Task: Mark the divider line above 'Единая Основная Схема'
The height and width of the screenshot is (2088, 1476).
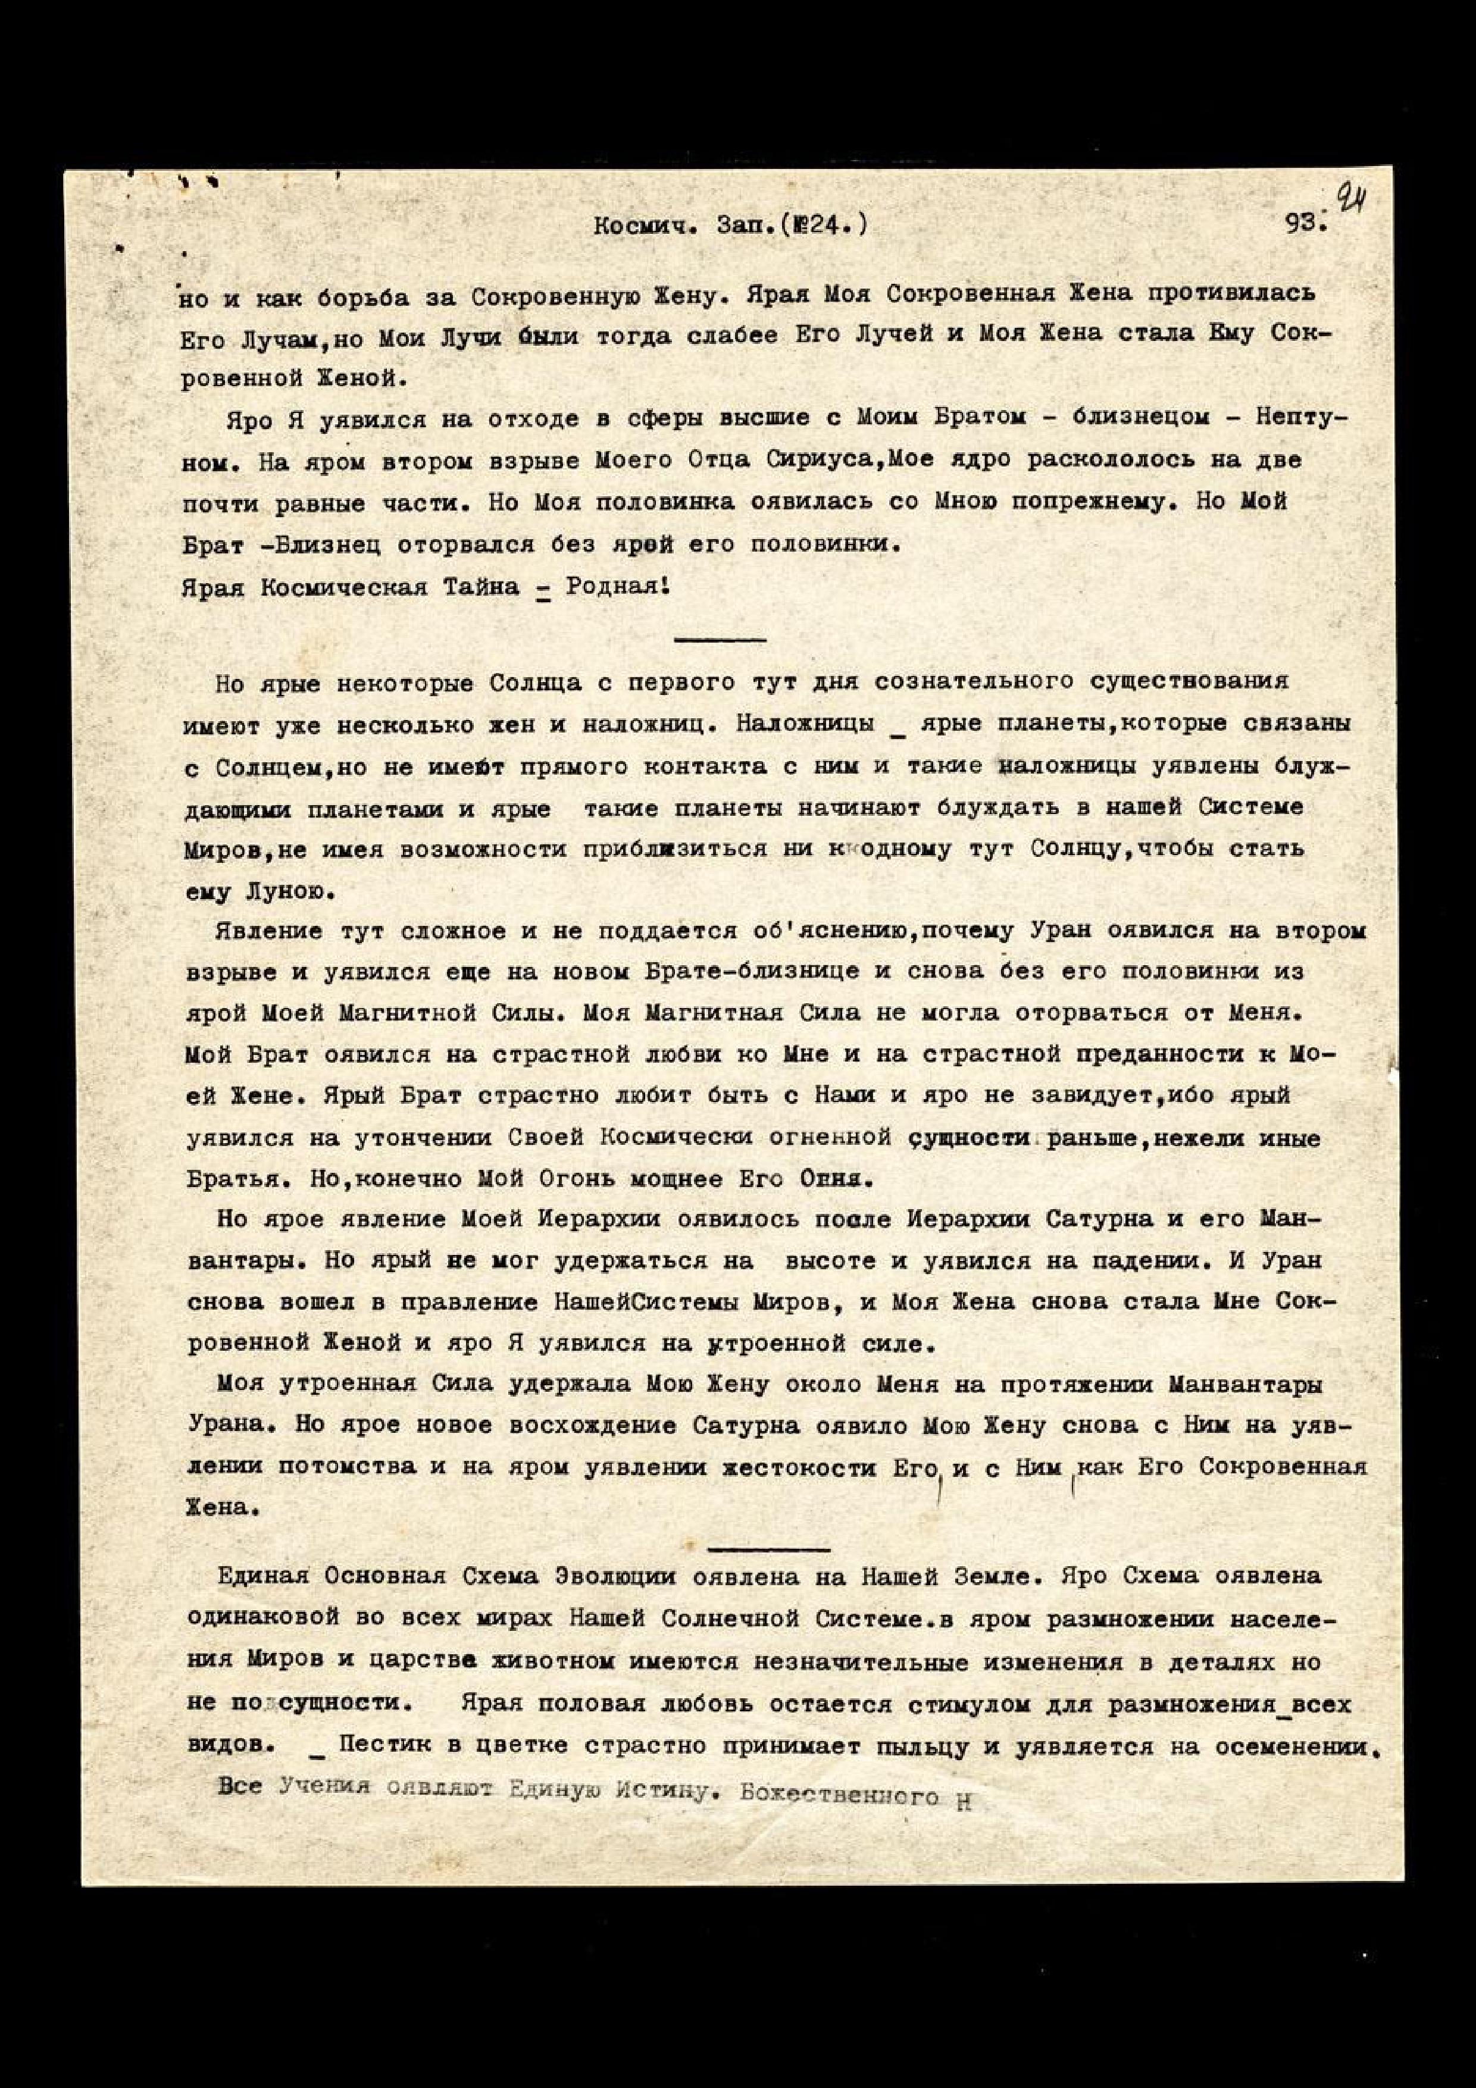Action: (x=768, y=1547)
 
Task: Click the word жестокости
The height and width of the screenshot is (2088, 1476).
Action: (x=801, y=1467)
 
